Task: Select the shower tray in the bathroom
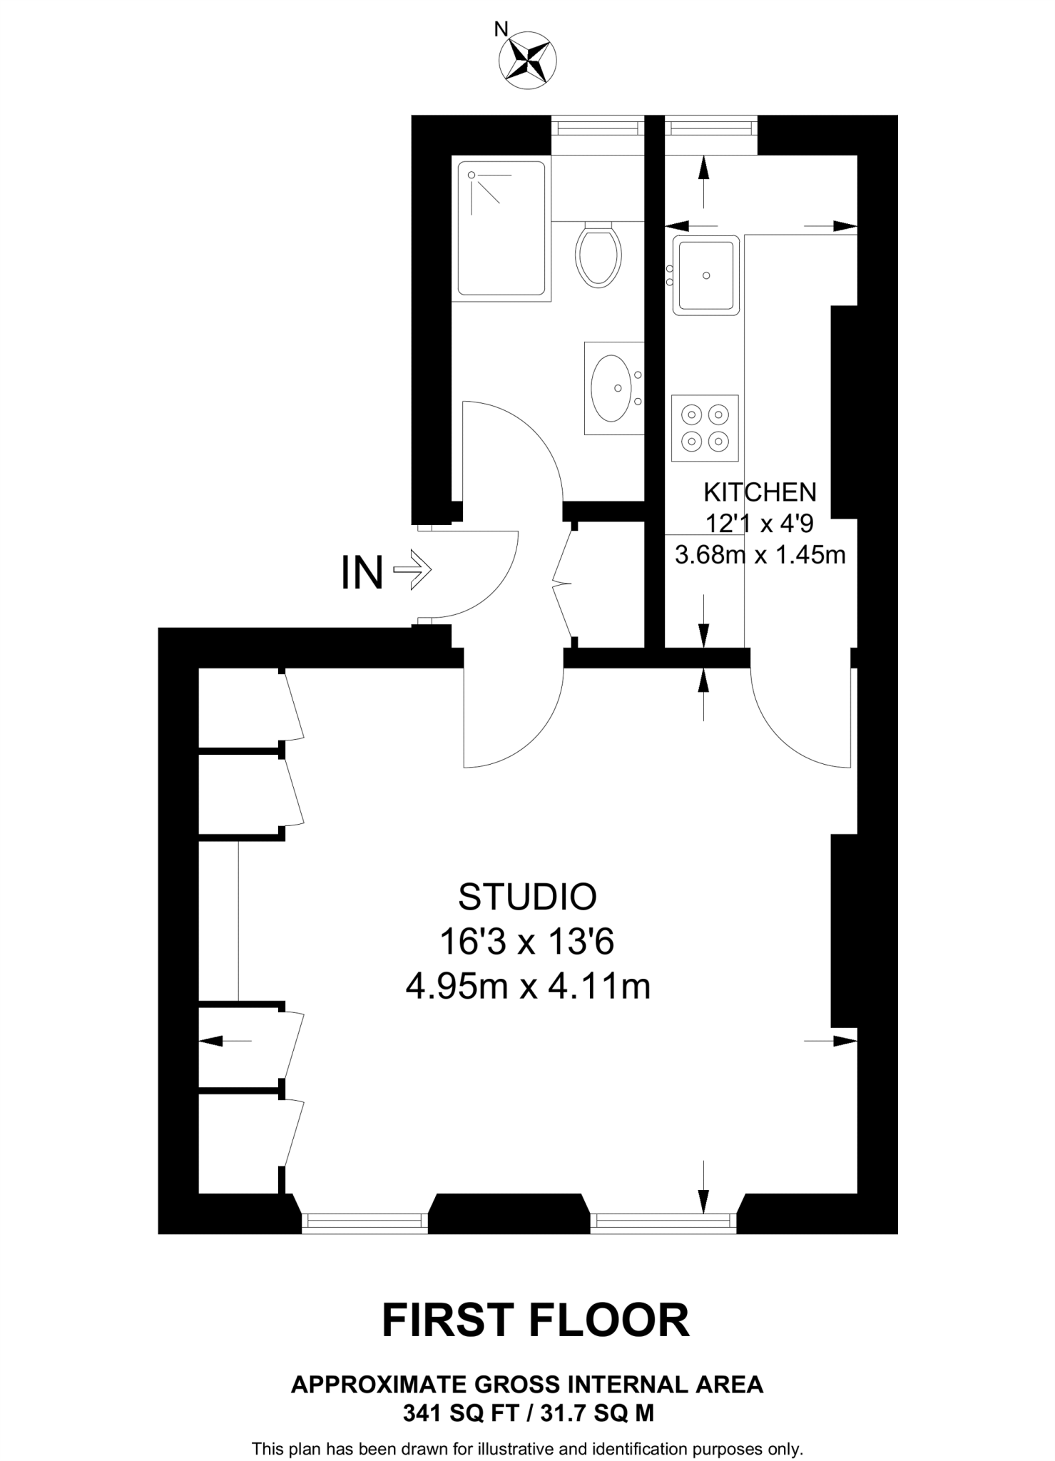[501, 228]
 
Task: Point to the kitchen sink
[705, 275]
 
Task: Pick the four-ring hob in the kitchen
[705, 428]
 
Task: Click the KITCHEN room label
[760, 492]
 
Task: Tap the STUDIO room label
[527, 897]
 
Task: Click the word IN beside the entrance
[362, 572]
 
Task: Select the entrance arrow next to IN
[413, 571]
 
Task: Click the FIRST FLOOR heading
[536, 1320]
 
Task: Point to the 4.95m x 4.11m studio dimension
[527, 987]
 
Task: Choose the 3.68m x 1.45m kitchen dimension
[760, 554]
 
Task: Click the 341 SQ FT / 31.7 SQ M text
[528, 1413]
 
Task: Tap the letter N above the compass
[501, 29]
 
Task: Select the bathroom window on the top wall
[598, 128]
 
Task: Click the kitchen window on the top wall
[710, 128]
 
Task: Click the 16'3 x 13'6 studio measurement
[527, 942]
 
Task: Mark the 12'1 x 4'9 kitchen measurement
[760, 524]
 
